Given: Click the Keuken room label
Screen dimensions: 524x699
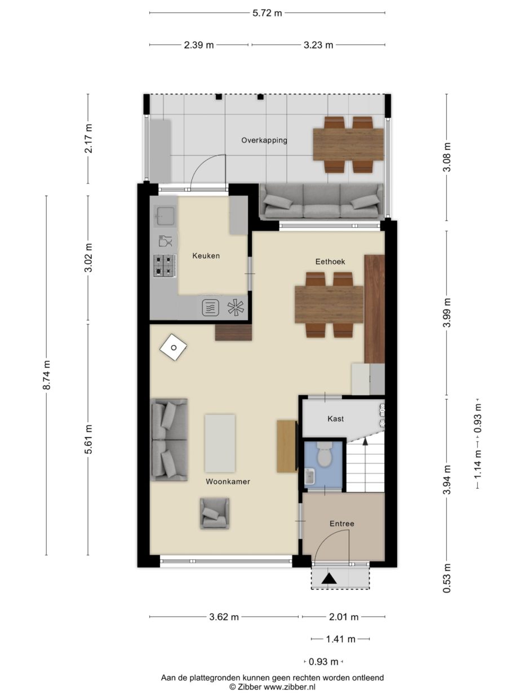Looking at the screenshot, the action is (206, 256).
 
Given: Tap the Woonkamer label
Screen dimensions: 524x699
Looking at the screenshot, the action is (228, 481).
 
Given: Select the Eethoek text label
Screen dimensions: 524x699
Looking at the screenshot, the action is (330, 262).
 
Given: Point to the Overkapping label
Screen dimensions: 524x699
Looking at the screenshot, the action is (264, 140).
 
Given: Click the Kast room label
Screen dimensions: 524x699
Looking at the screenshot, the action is (336, 418).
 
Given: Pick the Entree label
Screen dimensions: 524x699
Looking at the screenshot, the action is (342, 524).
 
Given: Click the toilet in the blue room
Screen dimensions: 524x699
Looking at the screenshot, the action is (325, 454).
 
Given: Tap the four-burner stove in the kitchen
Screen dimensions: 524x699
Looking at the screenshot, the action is (165, 266).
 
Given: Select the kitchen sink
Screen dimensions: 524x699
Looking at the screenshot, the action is (165, 216).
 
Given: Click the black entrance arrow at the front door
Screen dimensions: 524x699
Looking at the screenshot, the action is (329, 578).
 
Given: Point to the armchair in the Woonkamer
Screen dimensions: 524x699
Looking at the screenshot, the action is (215, 514).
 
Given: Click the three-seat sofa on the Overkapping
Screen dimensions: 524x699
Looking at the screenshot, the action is (322, 201).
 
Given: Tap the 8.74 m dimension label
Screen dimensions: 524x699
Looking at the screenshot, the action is (46, 375).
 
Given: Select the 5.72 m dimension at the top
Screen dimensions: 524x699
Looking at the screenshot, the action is (267, 13).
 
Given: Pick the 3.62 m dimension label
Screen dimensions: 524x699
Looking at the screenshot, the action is (224, 617).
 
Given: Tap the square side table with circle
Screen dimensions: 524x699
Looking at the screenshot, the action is (174, 347).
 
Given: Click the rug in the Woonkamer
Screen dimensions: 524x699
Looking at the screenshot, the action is (220, 443).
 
